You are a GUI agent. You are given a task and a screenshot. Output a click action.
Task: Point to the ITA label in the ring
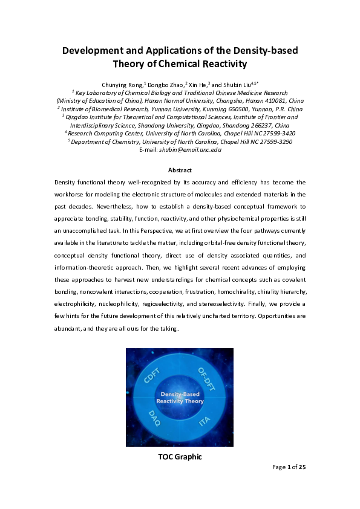tap(206, 422)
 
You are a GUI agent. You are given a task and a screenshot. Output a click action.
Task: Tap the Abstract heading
tap(180, 170)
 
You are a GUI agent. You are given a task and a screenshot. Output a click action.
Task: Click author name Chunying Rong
tap(121, 85)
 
